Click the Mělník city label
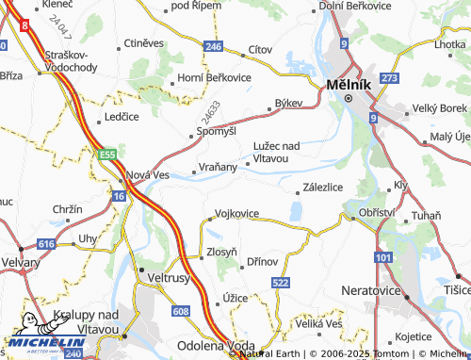pos(346,84)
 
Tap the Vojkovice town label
pos(236,214)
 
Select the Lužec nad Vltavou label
pos(276,151)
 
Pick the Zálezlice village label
pos(322,187)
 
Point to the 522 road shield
pos(280,283)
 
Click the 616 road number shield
pos(49,243)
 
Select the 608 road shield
pos(182,310)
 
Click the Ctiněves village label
pos(144,44)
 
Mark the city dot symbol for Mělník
pos(348,97)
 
